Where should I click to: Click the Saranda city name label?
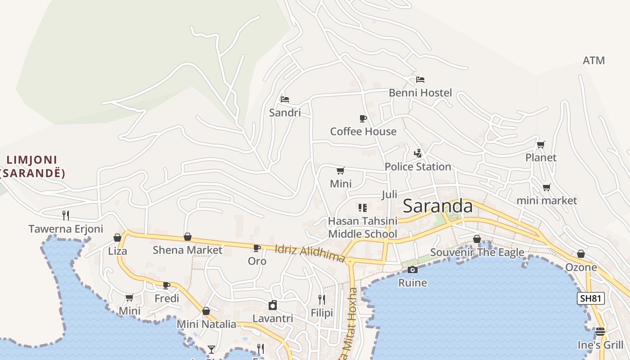point(437,206)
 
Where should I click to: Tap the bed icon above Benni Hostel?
point(420,80)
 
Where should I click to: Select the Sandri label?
point(284,112)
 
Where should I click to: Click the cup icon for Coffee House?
point(363,118)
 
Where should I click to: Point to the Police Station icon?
point(418,153)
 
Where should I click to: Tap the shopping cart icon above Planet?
point(540,145)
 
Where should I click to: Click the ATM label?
point(594,60)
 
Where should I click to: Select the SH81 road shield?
point(590,298)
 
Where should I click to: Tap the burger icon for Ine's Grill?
point(600,332)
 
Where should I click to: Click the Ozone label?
point(581,267)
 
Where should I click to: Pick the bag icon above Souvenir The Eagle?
point(477,239)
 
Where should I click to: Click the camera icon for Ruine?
point(412,270)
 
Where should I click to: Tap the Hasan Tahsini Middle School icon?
point(362,207)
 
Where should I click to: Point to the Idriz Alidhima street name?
point(310,253)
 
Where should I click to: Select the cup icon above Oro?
point(256,248)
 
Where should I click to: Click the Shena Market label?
point(187,250)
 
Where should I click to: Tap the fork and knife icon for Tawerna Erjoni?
point(66,215)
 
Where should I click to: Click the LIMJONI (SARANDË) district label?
point(32,166)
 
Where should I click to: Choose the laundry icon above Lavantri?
point(272,306)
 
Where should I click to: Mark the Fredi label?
point(166,298)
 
